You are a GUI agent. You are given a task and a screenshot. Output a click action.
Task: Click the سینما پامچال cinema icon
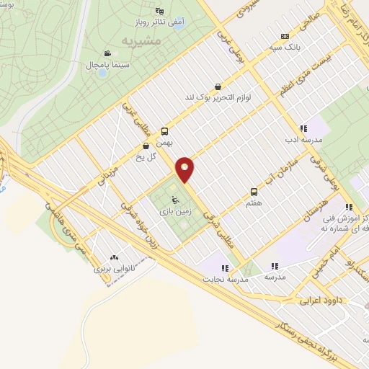(107, 53)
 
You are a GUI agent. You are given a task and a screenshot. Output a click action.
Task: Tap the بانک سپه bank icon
(285, 36)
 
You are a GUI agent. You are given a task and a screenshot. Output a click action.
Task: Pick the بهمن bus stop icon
(165, 131)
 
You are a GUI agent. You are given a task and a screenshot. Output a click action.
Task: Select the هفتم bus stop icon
(254, 192)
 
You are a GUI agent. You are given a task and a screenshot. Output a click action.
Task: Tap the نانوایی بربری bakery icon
(115, 257)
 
